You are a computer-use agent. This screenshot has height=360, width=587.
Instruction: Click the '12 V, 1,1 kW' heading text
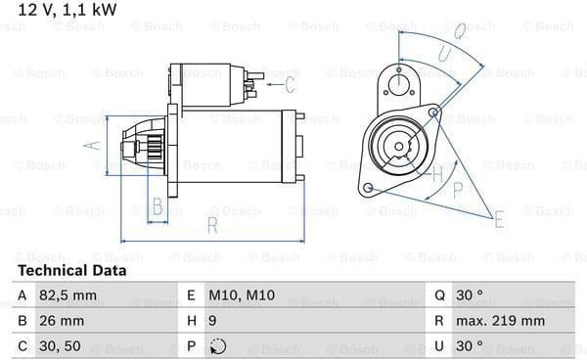click(x=68, y=10)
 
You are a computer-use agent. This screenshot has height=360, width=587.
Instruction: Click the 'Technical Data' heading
click(x=71, y=271)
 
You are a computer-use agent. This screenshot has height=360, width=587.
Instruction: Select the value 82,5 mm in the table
click(x=68, y=295)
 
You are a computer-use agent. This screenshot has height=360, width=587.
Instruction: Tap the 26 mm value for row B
click(x=62, y=321)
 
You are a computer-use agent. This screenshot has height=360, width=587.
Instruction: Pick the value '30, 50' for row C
click(x=60, y=346)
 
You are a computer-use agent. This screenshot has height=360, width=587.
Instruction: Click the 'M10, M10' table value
click(x=242, y=295)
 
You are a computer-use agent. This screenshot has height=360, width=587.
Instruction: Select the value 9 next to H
click(x=212, y=321)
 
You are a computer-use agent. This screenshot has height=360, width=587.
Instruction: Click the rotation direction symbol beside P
click(x=217, y=346)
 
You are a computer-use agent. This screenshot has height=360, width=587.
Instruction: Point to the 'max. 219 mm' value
click(x=500, y=321)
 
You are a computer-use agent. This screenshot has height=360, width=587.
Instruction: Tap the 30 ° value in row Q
click(x=470, y=295)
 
